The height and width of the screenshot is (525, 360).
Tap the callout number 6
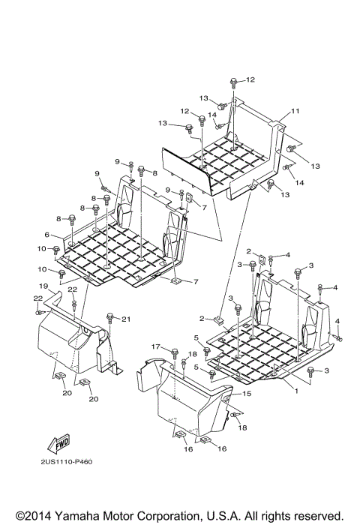pyautogui.click(x=46, y=235)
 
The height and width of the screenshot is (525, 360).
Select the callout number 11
pyautogui.click(x=295, y=111)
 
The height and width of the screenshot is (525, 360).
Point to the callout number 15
pyautogui.click(x=247, y=393)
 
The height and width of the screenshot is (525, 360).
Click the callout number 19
pyautogui.click(x=43, y=286)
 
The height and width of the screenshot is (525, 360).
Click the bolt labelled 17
pyautogui.click(x=175, y=352)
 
